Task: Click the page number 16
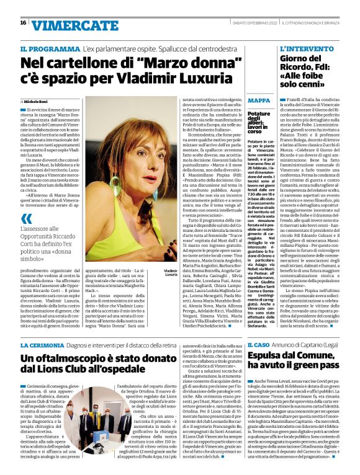point(23,23)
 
